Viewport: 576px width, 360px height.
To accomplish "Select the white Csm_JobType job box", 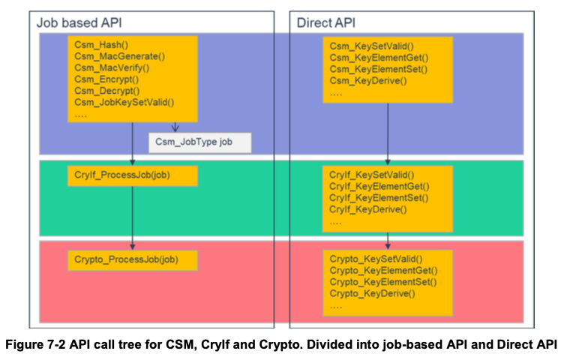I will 199,141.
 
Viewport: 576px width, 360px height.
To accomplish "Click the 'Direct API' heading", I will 325,22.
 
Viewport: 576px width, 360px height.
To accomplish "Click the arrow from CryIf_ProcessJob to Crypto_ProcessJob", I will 133,217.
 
